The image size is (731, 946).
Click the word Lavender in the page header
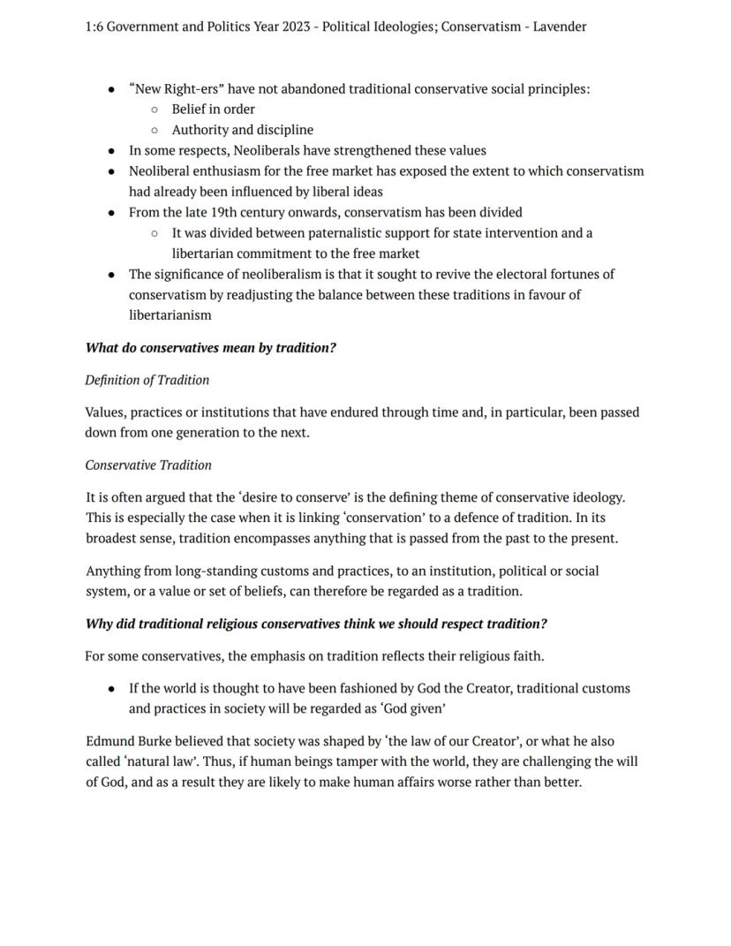(559, 26)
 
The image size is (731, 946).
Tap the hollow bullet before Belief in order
(154, 110)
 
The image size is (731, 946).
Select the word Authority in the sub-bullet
(199, 130)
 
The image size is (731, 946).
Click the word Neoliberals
(268, 150)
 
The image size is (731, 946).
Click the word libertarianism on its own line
(170, 315)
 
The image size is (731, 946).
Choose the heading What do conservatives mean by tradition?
(210, 348)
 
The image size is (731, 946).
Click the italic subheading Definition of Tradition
(147, 381)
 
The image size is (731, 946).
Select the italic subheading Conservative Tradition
(148, 465)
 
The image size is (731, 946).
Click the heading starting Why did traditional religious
(315, 624)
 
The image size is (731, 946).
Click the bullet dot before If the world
(110, 689)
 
